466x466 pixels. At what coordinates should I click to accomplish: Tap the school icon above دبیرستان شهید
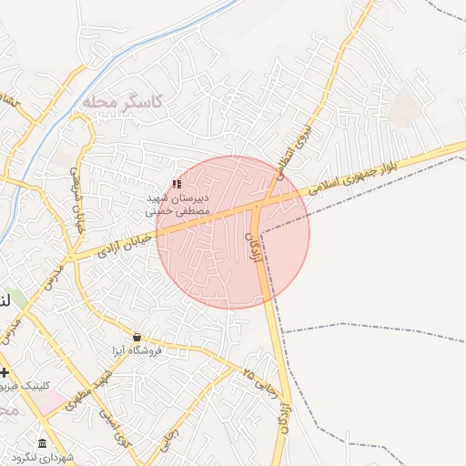click(177, 185)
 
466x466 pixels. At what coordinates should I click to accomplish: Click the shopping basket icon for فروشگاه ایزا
click(137, 337)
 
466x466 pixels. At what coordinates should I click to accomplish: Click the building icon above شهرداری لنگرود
click(43, 443)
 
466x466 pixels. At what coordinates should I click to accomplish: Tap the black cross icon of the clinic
click(5, 372)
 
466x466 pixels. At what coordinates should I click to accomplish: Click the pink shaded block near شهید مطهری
click(53, 400)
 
